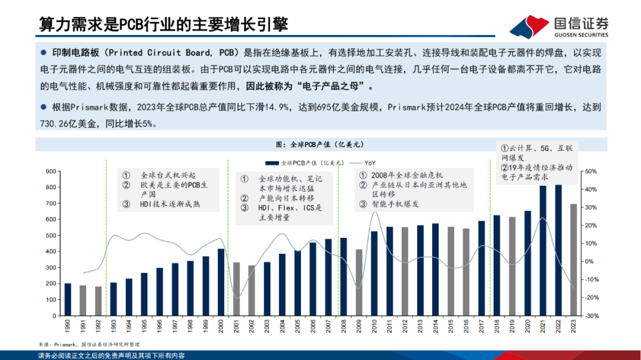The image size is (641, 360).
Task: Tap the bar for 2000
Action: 221,282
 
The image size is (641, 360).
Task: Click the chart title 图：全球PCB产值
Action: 320,144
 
